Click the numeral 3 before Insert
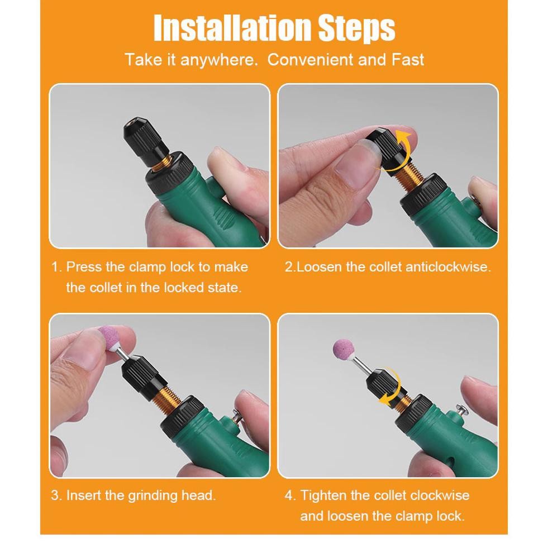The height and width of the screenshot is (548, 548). click(55, 495)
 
